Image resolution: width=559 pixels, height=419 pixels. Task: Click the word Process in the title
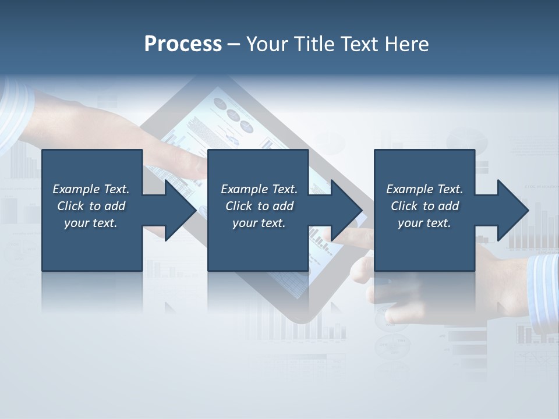click(183, 44)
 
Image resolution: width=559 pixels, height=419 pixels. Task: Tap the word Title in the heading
click(314, 44)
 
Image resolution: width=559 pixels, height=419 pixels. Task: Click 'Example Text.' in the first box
click(91, 189)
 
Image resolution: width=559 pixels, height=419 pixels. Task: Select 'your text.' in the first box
click(91, 223)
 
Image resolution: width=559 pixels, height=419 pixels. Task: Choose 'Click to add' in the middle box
click(259, 206)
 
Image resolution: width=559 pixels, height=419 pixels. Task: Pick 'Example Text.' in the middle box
click(259, 189)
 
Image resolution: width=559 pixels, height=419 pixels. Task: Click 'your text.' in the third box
click(424, 223)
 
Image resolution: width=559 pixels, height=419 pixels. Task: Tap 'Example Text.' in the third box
click(424, 189)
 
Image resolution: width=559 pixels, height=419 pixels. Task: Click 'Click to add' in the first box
click(91, 206)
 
